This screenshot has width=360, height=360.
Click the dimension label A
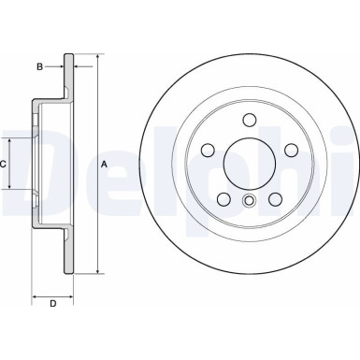104,165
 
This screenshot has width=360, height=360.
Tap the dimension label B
39,66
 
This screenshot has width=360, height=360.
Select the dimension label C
5,164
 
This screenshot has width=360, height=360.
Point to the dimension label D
52,303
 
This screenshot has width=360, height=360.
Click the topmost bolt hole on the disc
249,119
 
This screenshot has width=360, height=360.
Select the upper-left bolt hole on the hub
208,151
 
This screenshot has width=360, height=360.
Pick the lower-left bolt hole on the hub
223,198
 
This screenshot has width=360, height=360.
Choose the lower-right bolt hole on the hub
275,198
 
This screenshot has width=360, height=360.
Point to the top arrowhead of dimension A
95,59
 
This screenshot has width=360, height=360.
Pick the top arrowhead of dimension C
12,138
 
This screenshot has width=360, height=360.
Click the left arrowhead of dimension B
62,66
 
